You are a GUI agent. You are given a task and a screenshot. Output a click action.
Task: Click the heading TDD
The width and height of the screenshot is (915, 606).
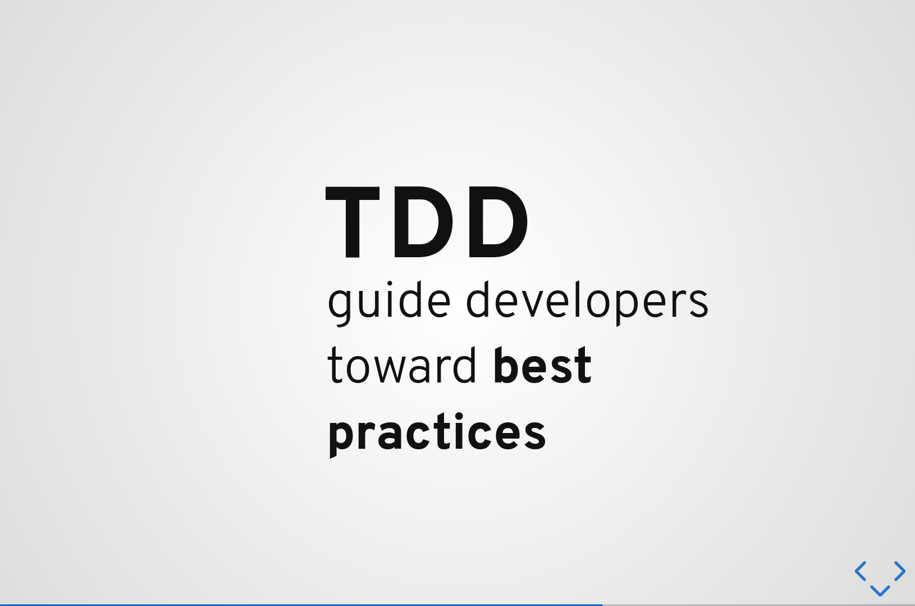(x=427, y=223)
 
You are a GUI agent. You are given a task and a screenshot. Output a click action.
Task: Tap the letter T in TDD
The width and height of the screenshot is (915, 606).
(x=353, y=223)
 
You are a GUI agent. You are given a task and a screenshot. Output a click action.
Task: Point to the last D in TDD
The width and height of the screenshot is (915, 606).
(x=498, y=223)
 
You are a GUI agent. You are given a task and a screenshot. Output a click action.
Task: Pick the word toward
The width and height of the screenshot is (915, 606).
(x=401, y=365)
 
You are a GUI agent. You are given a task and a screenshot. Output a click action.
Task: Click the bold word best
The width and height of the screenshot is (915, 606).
(x=543, y=365)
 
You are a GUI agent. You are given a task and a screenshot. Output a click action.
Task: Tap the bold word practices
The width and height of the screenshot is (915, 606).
(x=437, y=435)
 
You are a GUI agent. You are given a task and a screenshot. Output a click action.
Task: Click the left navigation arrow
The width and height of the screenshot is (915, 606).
(x=860, y=571)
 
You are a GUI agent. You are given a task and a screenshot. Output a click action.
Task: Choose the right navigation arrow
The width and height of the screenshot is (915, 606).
(x=900, y=571)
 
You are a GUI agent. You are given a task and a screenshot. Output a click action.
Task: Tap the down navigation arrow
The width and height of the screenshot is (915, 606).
(x=880, y=591)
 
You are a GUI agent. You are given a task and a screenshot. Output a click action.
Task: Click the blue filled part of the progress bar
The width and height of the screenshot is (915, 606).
(x=301, y=605)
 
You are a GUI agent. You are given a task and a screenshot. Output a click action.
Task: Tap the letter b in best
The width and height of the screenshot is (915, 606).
(x=507, y=365)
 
